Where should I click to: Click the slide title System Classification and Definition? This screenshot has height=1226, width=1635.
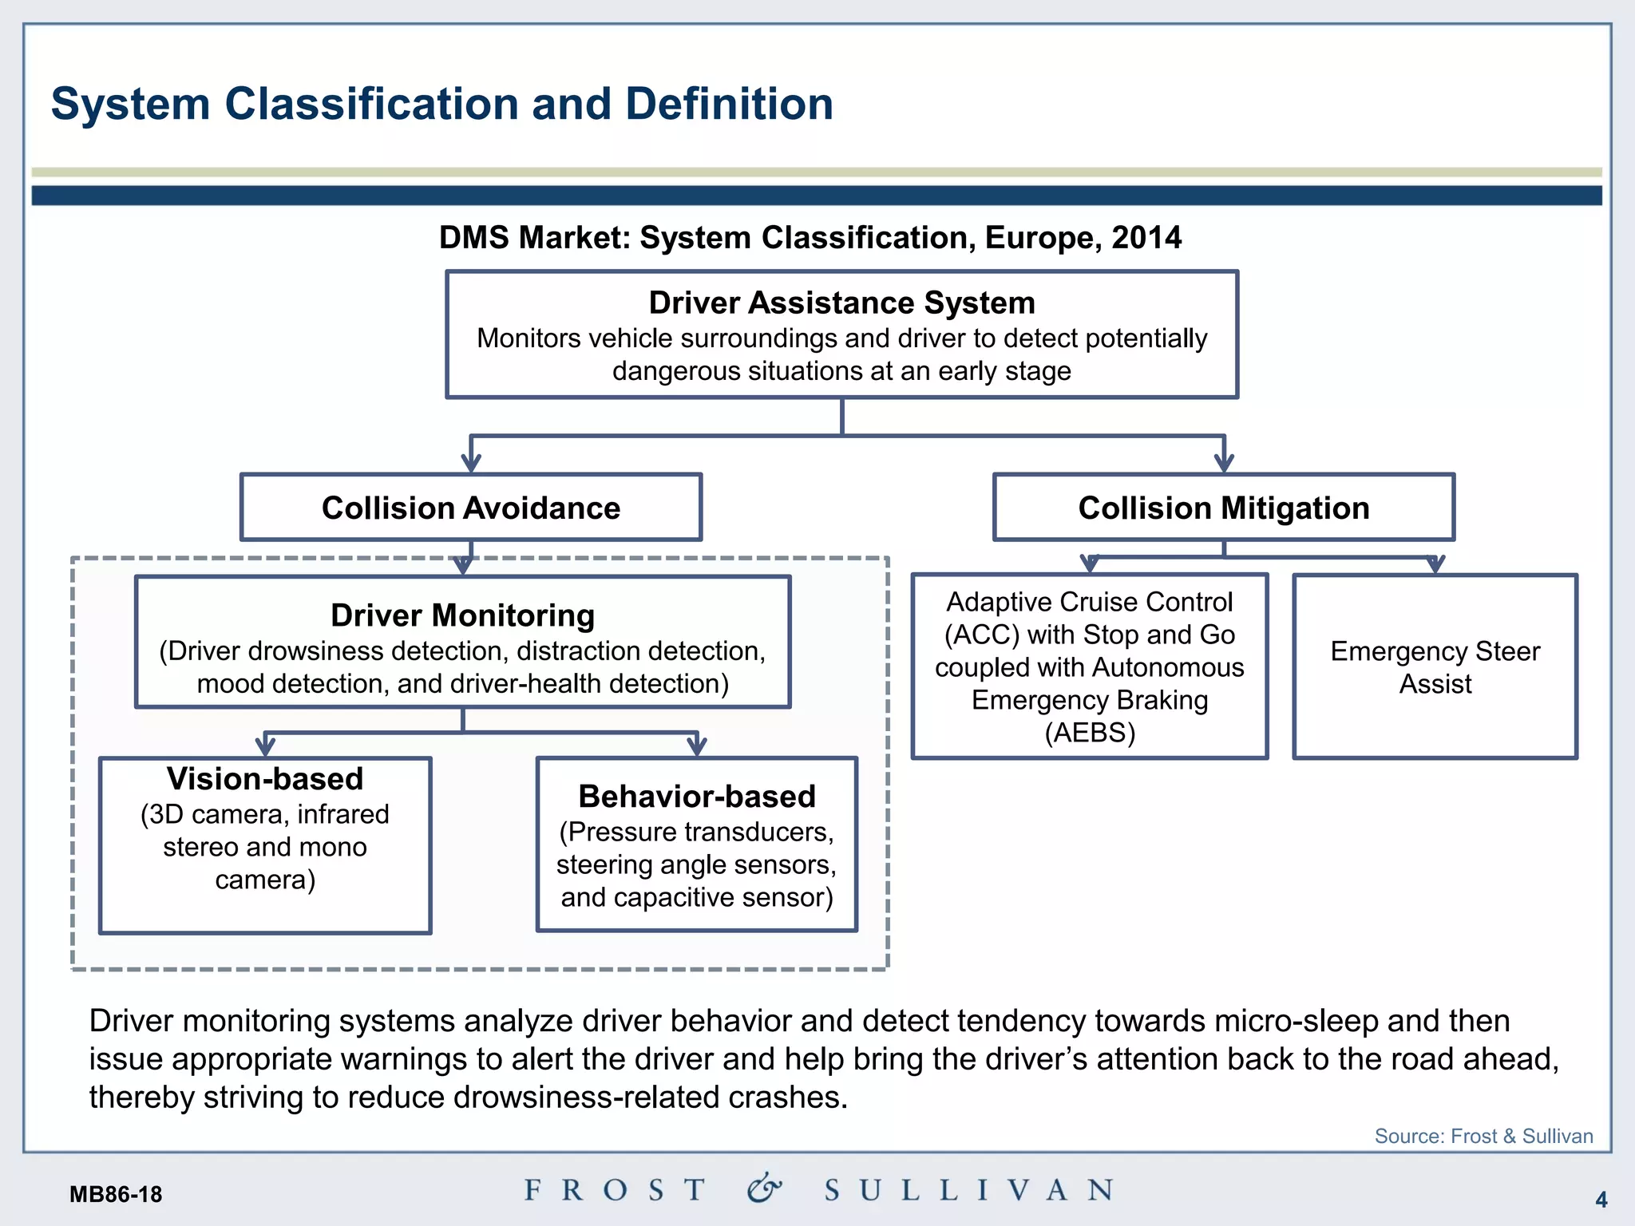(441, 105)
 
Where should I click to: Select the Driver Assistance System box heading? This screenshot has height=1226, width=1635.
(841, 303)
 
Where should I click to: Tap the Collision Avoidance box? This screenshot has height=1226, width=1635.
(470, 508)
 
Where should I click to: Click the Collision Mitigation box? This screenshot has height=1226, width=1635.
(1223, 508)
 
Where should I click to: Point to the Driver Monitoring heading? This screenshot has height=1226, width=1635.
(462, 616)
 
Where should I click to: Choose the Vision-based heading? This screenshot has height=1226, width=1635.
(265, 779)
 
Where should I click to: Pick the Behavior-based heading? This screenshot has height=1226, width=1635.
(696, 797)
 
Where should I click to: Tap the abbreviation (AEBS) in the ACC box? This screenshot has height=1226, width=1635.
(1090, 733)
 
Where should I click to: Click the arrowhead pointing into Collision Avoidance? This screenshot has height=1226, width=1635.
(471, 463)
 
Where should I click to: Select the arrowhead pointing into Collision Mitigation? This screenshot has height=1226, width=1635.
(1224, 463)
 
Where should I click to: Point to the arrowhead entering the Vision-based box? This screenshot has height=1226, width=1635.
(265, 747)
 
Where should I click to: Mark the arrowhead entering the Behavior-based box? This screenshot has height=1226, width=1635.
(697, 747)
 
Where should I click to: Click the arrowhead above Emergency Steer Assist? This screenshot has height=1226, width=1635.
(1435, 564)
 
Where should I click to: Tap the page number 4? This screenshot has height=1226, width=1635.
(1601, 1199)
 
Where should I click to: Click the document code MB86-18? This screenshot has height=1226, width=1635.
(116, 1195)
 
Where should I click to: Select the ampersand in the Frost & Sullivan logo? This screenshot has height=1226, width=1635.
(764, 1188)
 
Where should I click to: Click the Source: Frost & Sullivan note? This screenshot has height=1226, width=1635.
(1483, 1136)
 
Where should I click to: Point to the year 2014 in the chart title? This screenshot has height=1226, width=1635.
(1146, 238)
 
